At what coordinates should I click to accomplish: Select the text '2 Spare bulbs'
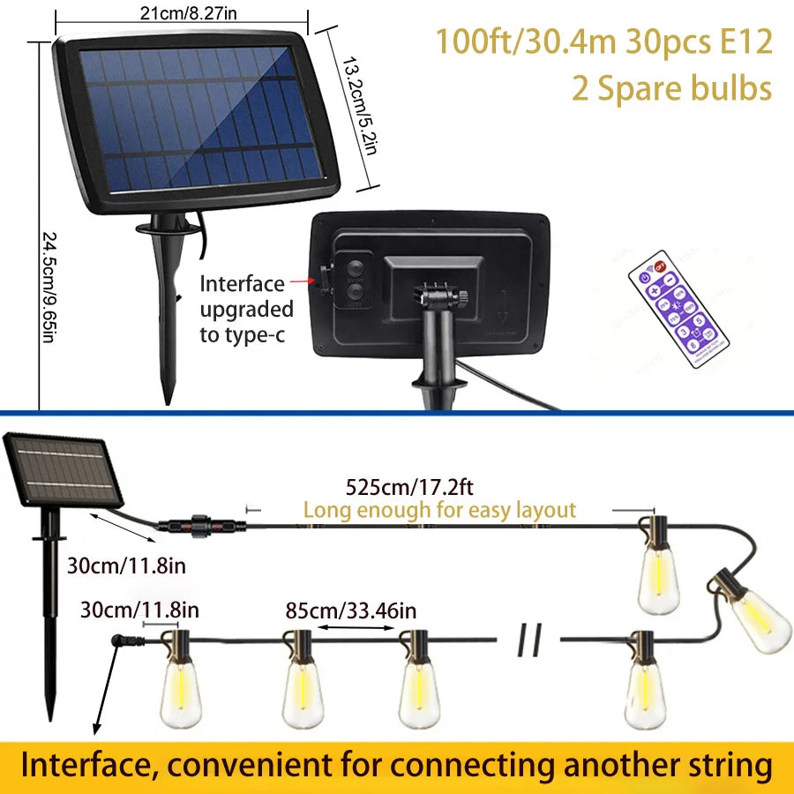pos(670,88)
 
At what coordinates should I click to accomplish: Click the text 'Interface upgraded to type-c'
pos(246,309)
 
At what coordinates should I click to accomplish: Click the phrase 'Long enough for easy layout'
pos(438,510)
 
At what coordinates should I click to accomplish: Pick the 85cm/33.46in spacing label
pos(351,610)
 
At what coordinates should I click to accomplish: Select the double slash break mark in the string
pos(530,641)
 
